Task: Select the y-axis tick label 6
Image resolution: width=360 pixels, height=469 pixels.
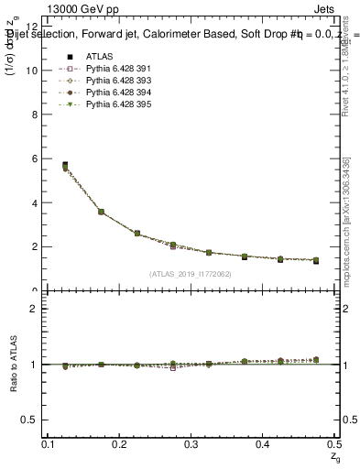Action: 33,158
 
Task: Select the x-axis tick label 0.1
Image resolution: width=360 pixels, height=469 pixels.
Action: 48,444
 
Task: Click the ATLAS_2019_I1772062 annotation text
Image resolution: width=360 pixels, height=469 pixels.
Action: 191,274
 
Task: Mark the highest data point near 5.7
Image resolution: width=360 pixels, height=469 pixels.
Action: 65,166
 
